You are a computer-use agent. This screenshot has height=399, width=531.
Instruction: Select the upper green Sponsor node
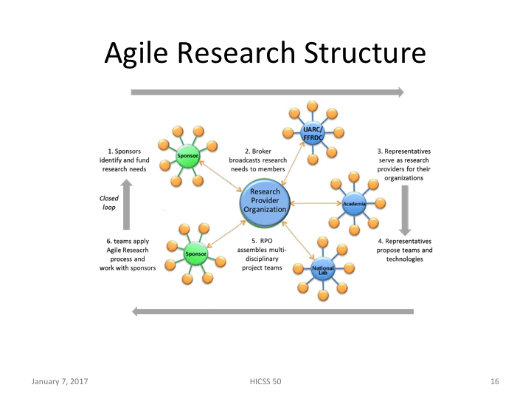tap(185, 156)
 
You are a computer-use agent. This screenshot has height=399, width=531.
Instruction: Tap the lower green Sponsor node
tap(195, 254)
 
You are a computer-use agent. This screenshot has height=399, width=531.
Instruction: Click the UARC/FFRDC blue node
tap(312, 133)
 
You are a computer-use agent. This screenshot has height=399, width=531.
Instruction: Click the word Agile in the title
tap(136, 53)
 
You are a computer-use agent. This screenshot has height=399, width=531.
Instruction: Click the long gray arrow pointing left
tap(272, 311)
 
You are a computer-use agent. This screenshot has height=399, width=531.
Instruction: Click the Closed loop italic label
tap(109, 202)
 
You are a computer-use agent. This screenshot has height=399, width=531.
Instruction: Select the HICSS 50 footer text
tap(265, 381)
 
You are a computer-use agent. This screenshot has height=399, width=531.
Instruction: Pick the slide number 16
tap(495, 381)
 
